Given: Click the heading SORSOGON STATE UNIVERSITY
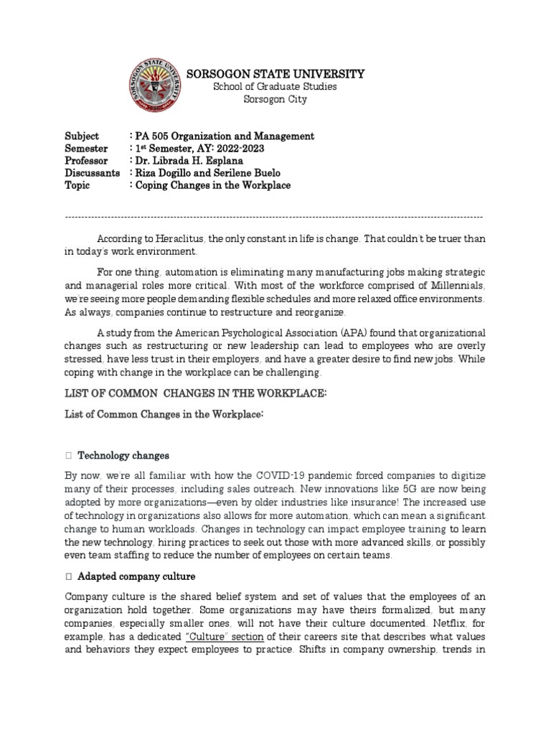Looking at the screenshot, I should point(275,74).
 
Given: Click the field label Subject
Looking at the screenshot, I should point(82,136).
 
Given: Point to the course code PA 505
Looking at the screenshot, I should point(152,136).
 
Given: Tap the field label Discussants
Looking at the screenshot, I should point(91,174).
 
